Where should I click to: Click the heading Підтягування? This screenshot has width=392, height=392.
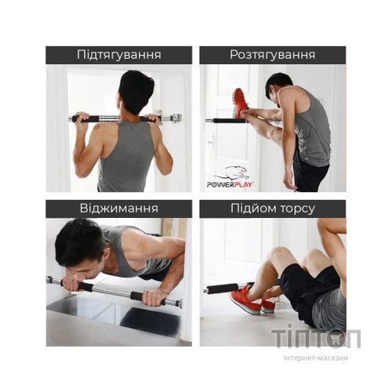pos(118,55)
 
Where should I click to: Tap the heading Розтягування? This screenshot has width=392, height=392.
pos(273,55)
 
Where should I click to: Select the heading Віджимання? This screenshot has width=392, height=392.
pos(119,209)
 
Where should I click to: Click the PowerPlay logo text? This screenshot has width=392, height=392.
pos(230,185)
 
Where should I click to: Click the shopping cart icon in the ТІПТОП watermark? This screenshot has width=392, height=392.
pos(335,339)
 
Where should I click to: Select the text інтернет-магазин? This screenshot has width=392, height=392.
pos(316,358)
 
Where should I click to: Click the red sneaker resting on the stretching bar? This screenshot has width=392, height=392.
pos(240,103)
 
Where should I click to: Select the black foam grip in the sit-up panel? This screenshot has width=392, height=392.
pos(222,289)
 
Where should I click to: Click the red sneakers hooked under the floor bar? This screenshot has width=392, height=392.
pos(252,299)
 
